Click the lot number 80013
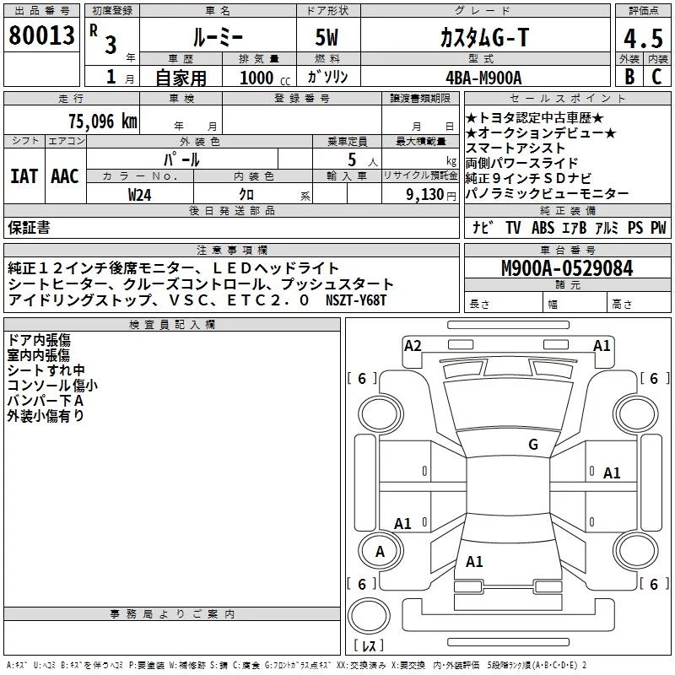(41, 35)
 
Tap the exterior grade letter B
(629, 76)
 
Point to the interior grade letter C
(656, 76)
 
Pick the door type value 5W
(327, 37)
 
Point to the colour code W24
(140, 194)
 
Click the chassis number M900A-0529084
(566, 268)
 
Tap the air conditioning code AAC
(65, 175)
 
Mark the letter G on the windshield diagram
(532, 445)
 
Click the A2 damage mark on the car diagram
(413, 345)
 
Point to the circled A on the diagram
(380, 552)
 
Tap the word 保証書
(29, 227)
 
